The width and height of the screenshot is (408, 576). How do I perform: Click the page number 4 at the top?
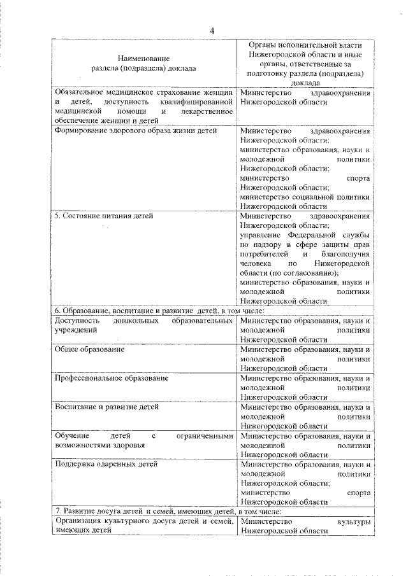point(212,31)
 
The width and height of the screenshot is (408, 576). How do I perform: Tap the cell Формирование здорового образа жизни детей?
point(136,130)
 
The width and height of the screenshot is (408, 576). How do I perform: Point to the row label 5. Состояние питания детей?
point(104,216)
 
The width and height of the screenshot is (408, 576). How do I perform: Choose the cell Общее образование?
point(89,349)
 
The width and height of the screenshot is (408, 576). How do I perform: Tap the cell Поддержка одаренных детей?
point(106,464)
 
